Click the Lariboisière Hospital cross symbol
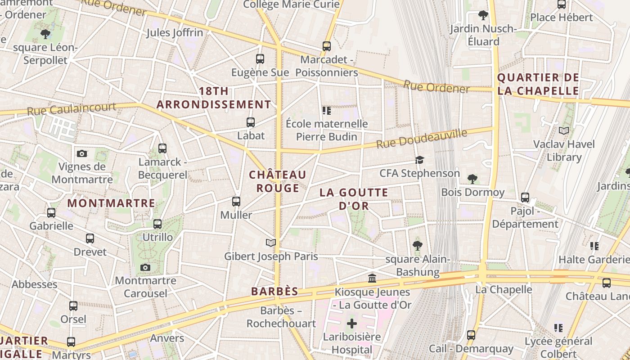(352, 324)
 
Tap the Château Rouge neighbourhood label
(278, 181)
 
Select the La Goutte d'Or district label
(354, 199)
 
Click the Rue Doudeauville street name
(422, 138)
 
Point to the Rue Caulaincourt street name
(72, 109)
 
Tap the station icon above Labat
(251, 122)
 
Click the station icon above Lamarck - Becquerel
(162, 148)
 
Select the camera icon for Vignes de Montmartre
(82, 153)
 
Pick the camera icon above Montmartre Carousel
(145, 267)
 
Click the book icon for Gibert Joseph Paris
(270, 243)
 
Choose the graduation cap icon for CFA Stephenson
(419, 160)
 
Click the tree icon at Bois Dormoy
(472, 179)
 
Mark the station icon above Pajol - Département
(525, 197)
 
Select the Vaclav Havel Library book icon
(564, 131)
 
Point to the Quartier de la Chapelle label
(538, 84)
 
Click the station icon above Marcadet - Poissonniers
(327, 46)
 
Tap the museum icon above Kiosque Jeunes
(372, 279)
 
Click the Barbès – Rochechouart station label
(281, 317)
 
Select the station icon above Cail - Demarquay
(471, 335)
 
